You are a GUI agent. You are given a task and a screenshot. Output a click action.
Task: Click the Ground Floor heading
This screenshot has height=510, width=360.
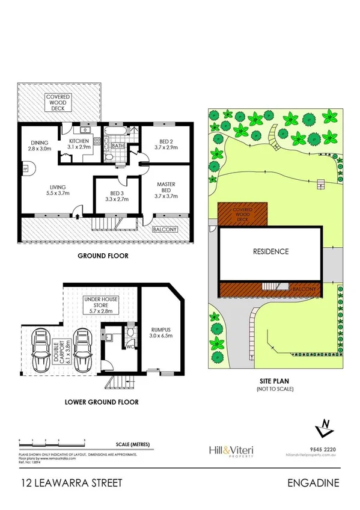(x=103, y=255)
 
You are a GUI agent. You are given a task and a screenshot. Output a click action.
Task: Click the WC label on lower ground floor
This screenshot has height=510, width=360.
(x=130, y=345)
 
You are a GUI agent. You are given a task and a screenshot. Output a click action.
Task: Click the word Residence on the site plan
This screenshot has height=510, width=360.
(x=270, y=251)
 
